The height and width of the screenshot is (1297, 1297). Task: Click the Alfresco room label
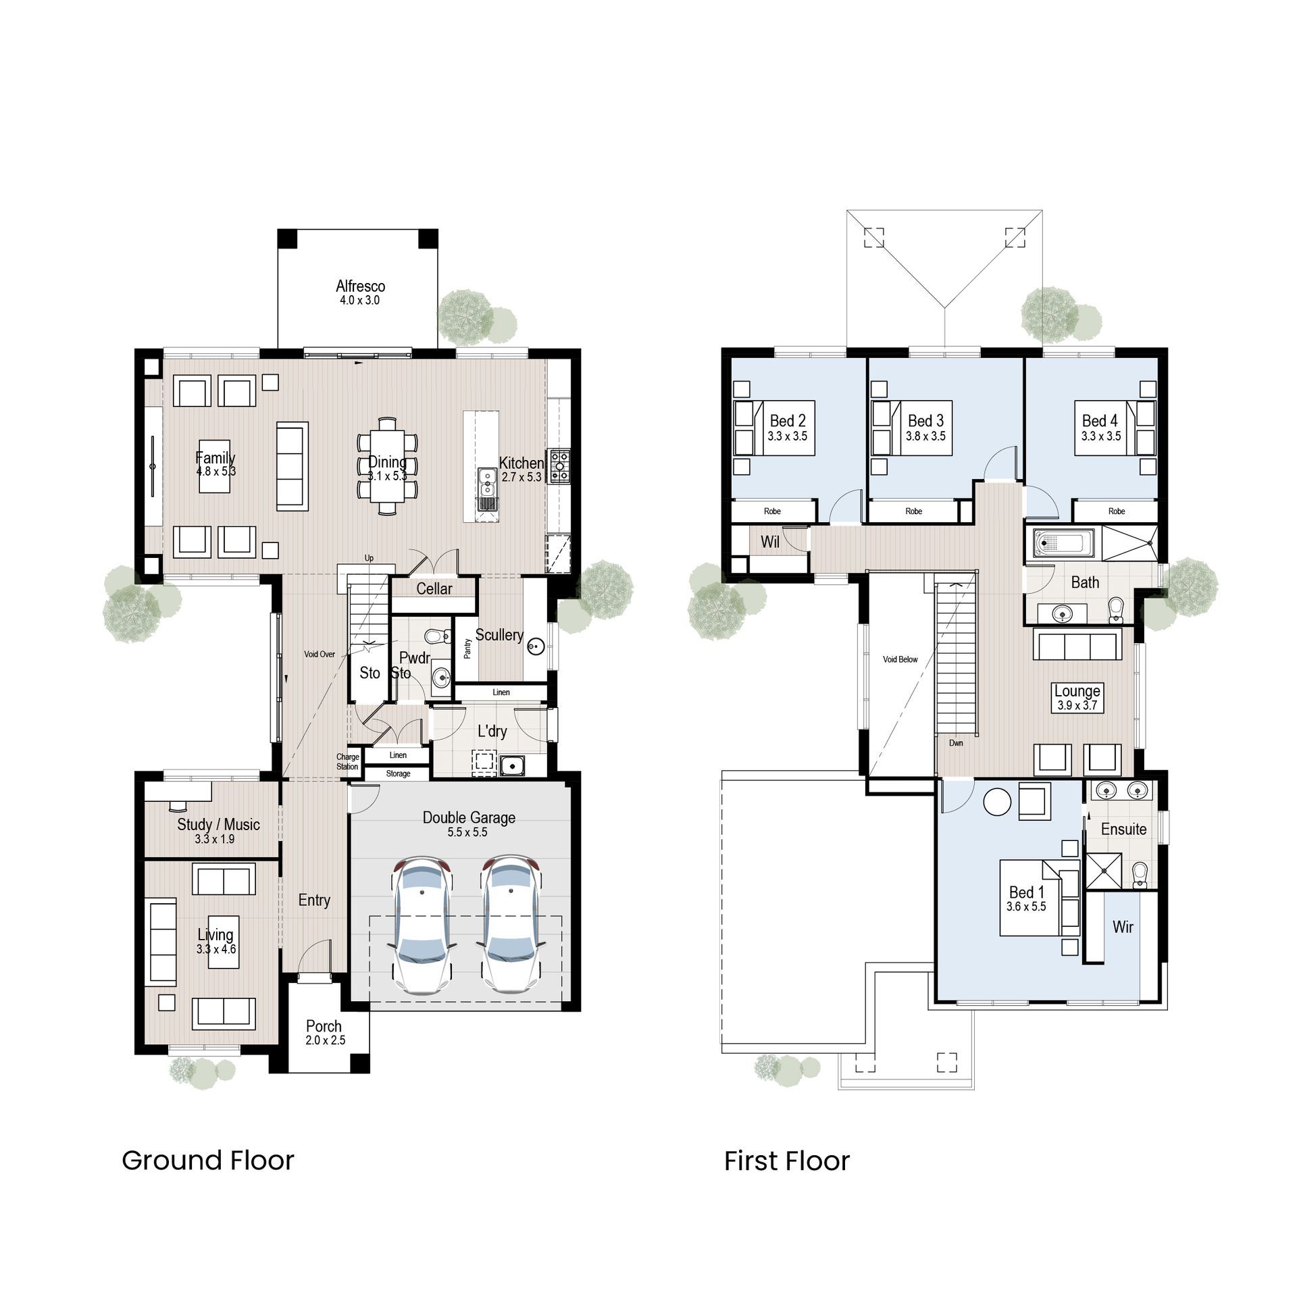pyautogui.click(x=360, y=286)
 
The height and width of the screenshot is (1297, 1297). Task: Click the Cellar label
pyautogui.click(x=434, y=588)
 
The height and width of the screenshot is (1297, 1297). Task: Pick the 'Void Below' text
pyautogui.click(x=900, y=659)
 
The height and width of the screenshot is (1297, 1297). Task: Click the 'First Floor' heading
pyautogui.click(x=787, y=1161)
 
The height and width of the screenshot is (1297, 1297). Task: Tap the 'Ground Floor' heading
pyautogui.click(x=208, y=1161)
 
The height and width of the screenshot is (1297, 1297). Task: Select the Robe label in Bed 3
pyautogui.click(x=913, y=511)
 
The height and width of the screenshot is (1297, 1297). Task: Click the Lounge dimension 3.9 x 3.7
pyautogui.click(x=1077, y=705)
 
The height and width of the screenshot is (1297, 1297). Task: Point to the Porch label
pyautogui.click(x=324, y=1026)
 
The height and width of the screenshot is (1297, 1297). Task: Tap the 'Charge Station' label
pyautogui.click(x=347, y=762)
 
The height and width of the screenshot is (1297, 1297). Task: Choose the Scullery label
pyautogui.click(x=499, y=635)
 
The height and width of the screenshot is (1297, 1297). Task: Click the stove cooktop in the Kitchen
pyautogui.click(x=560, y=467)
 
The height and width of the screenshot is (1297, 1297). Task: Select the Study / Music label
pyautogui.click(x=218, y=824)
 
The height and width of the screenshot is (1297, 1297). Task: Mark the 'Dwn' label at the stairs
pyautogui.click(x=956, y=743)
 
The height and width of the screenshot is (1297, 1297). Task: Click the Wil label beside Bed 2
pyautogui.click(x=770, y=542)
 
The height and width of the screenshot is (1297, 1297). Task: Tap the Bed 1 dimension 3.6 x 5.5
pyautogui.click(x=1026, y=907)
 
